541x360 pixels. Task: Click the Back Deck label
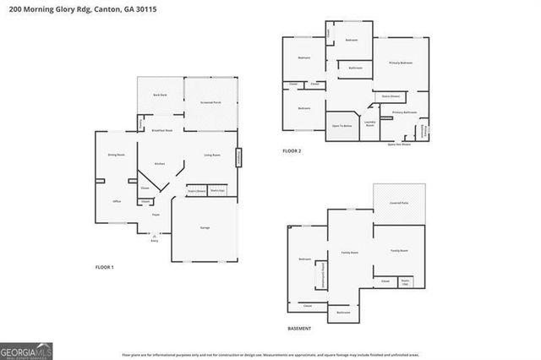159,95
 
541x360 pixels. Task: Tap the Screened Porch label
210,102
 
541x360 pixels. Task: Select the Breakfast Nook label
161,131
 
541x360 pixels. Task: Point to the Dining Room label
116,155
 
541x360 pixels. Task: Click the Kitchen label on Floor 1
158,163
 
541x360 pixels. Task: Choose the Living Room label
212,155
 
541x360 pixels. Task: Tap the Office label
118,202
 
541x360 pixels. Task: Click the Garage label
205,228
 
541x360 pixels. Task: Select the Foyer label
156,215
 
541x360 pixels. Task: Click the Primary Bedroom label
400,63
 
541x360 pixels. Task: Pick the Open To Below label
342,125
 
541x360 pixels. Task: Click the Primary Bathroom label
404,112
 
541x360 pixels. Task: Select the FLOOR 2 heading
292,151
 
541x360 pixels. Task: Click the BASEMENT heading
299,328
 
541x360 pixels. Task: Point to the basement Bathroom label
342,313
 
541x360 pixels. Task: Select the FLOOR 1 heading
104,267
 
